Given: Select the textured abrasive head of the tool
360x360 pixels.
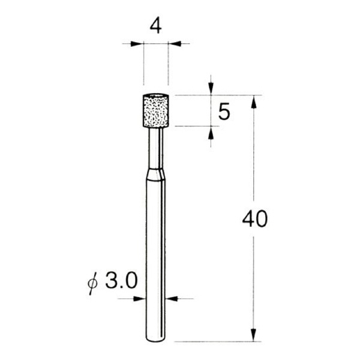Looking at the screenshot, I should coord(156,111).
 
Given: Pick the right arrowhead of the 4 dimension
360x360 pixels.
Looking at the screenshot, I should coord(173,44).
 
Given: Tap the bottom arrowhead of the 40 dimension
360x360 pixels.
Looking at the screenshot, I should coord(254,335).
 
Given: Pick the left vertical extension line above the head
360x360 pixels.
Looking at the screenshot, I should coord(144,66).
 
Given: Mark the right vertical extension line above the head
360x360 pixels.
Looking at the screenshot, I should coord(168,66).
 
